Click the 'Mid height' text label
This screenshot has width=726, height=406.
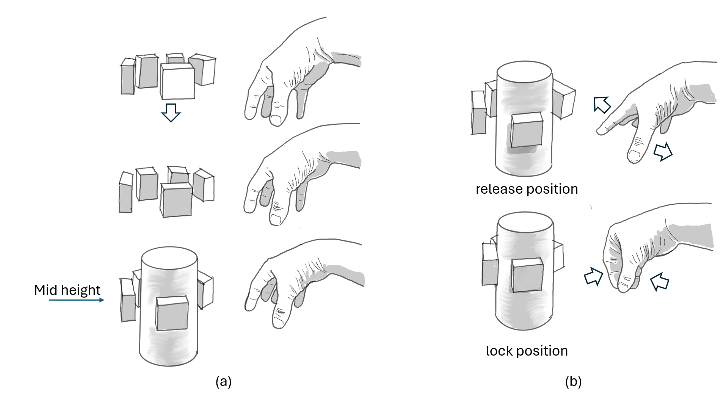(67, 290)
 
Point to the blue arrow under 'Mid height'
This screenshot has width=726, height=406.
(76, 300)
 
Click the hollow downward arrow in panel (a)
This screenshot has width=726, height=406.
(171, 113)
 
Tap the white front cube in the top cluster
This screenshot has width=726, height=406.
(177, 82)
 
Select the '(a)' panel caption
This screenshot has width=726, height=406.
(223, 381)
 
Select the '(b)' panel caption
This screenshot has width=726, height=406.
(573, 381)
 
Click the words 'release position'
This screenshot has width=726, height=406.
(527, 189)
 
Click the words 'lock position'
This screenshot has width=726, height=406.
(527, 351)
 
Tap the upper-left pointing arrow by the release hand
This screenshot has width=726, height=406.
(602, 105)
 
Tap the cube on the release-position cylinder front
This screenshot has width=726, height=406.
(527, 130)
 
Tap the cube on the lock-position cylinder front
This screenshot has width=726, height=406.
(527, 276)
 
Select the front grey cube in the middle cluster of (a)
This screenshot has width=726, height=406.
(176, 200)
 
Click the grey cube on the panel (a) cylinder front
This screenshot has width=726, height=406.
(172, 314)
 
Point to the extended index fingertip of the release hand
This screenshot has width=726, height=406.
(600, 131)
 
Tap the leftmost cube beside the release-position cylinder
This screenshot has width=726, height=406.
(478, 113)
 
